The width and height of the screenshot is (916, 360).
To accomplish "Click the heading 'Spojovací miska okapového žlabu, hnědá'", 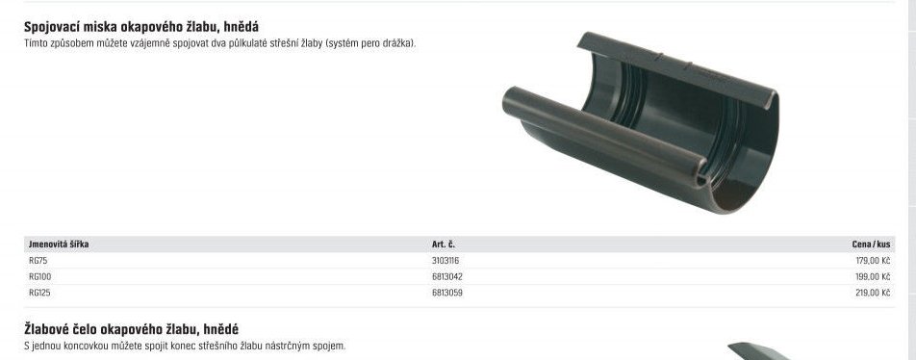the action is (141, 27).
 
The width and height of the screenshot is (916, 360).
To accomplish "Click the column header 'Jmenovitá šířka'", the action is (59, 244).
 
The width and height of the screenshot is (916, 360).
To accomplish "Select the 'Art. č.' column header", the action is (444, 244).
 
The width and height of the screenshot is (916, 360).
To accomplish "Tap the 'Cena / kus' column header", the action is (871, 244).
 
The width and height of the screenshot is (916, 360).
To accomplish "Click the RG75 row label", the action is (38, 261).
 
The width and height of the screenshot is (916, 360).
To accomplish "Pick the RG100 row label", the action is (39, 276).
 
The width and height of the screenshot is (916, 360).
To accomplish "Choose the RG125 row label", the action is (39, 293).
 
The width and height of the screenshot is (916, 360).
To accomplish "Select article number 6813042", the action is (446, 276).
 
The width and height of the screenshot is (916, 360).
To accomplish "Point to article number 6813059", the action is (446, 293).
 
